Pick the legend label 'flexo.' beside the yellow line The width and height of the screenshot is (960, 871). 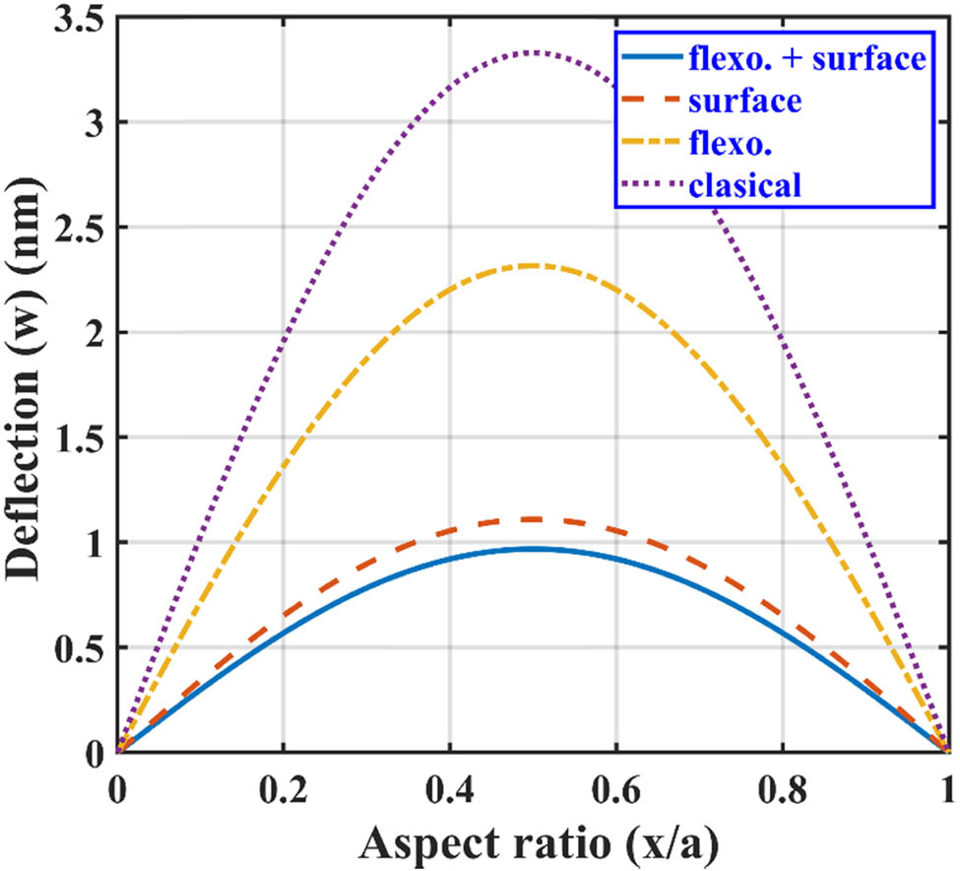pyautogui.click(x=731, y=143)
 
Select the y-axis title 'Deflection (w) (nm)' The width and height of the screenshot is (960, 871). pyautogui.click(x=26, y=384)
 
